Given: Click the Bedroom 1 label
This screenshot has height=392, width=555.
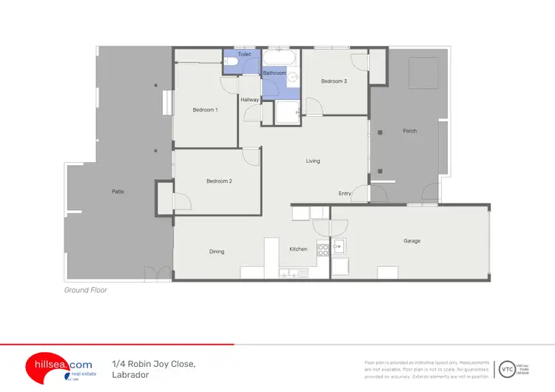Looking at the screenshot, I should click(x=205, y=110).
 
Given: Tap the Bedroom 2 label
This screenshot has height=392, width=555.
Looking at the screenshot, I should click(x=220, y=181).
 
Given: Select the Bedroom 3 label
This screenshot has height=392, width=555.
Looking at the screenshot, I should click(x=334, y=81).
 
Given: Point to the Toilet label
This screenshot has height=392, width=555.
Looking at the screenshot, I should click(x=244, y=55).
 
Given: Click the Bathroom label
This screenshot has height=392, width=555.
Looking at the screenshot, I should click(x=274, y=73).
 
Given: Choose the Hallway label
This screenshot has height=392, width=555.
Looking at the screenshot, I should click(x=249, y=99).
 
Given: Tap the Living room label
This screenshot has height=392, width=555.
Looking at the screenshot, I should click(x=313, y=160).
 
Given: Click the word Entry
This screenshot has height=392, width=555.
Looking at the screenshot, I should click(x=345, y=194).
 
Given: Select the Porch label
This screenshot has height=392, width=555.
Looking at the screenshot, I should click(x=410, y=131).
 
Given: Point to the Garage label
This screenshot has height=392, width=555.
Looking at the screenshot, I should click(x=412, y=241).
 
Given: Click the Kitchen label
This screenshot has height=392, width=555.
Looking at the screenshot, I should click(x=298, y=249).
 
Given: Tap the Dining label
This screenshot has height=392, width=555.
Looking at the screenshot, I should click(x=216, y=251).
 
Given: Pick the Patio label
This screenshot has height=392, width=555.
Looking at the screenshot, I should click(x=118, y=192).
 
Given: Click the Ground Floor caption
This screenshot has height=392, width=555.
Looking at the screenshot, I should click(x=86, y=291).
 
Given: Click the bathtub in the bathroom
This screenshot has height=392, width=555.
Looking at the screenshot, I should click(x=280, y=58).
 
